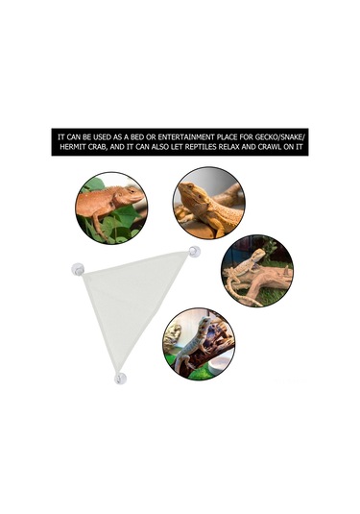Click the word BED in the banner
(x=138, y=137)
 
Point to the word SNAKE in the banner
(x=293, y=137)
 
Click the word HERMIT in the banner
(x=72, y=147)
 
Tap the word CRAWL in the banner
(x=270, y=147)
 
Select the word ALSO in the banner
(x=160, y=147)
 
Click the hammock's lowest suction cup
(x=120, y=379)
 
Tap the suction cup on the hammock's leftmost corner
(x=78, y=269)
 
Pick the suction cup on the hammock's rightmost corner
(x=194, y=252)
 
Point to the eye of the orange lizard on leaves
(x=132, y=191)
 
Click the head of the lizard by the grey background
(x=189, y=191)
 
